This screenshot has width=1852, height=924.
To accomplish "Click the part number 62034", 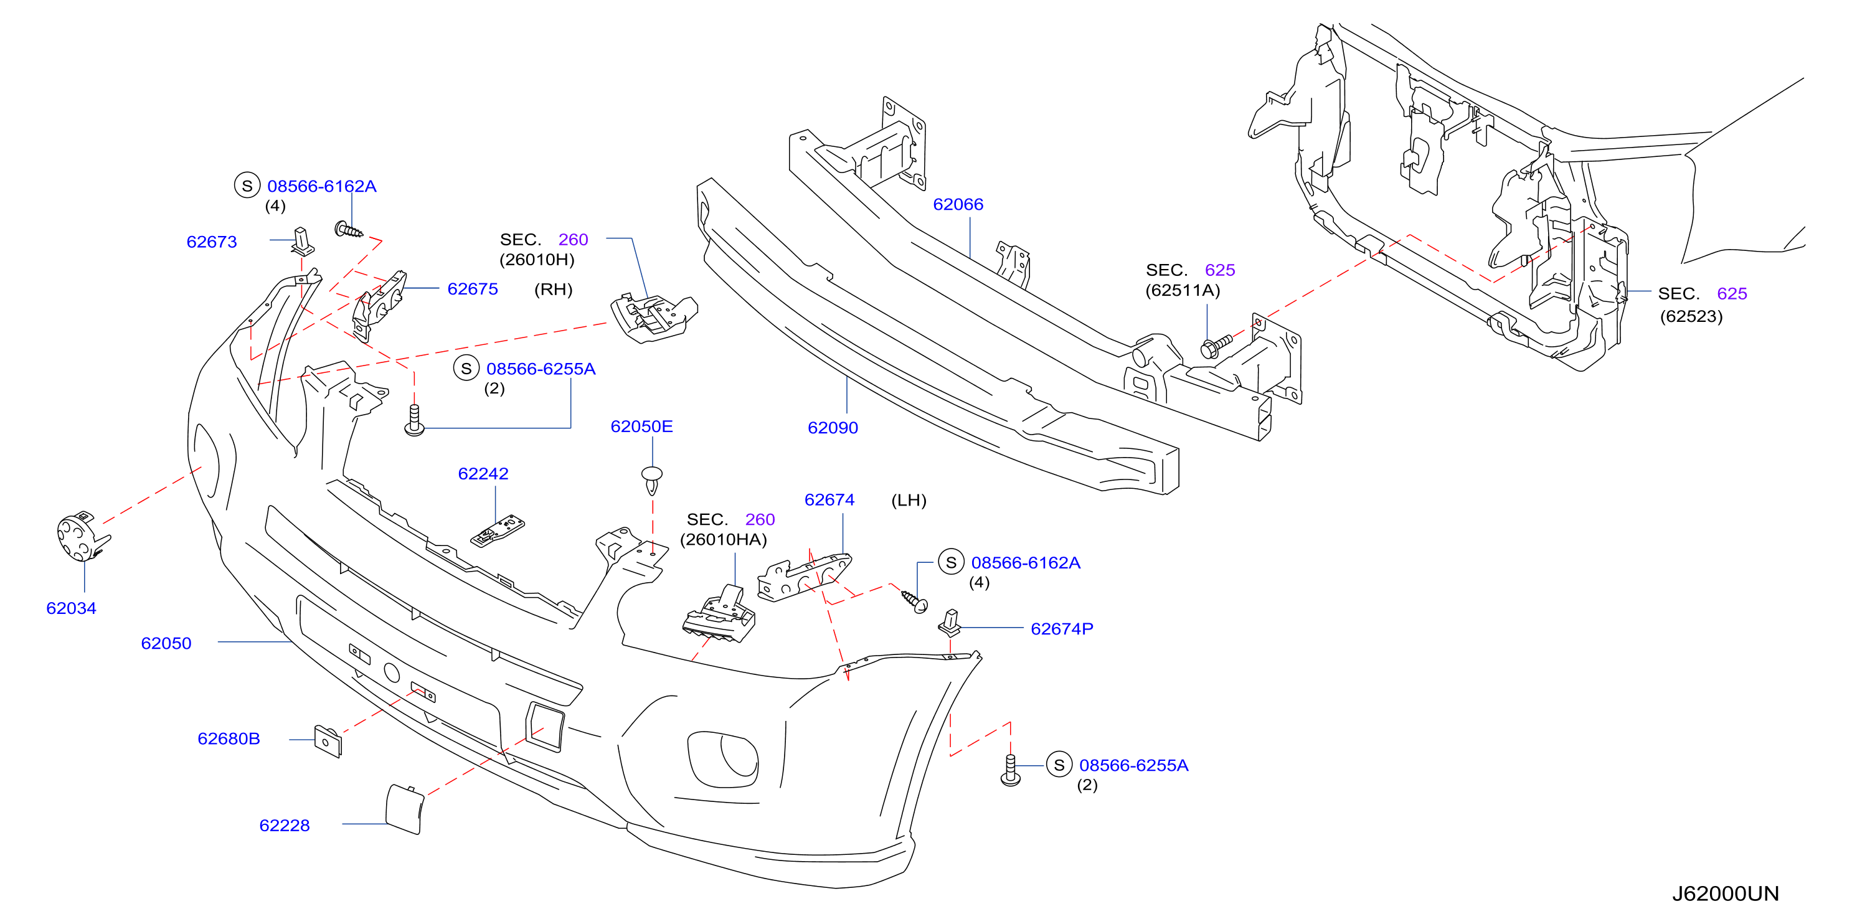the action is coord(71,608).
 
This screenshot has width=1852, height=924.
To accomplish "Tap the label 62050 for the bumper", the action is coord(166,644).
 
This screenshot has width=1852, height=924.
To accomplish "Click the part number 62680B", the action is coord(229,739).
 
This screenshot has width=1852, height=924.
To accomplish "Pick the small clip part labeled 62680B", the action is coord(328,741).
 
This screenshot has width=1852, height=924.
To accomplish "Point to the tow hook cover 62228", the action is coord(405,809).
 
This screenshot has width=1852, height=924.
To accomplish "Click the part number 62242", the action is coord(483,474).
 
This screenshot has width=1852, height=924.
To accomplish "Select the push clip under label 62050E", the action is coord(652,480).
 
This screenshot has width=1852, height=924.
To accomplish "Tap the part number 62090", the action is coord(833,428).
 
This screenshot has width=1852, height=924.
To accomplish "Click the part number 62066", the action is coord(958,204).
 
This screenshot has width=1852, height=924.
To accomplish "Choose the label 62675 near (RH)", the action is coord(473,289).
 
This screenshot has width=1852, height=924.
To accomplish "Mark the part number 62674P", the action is coord(1062,629).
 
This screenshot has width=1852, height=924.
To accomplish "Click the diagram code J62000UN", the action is coord(1726,893).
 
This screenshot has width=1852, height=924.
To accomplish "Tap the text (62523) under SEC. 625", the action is coord(1691,316).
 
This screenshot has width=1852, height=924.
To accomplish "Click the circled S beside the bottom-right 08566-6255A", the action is coord(1059,765).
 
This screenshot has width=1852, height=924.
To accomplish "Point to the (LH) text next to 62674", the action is coord(909,501).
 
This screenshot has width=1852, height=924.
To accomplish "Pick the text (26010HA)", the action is coord(723,540).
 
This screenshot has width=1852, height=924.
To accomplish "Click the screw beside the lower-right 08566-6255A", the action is coord(1011,770).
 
